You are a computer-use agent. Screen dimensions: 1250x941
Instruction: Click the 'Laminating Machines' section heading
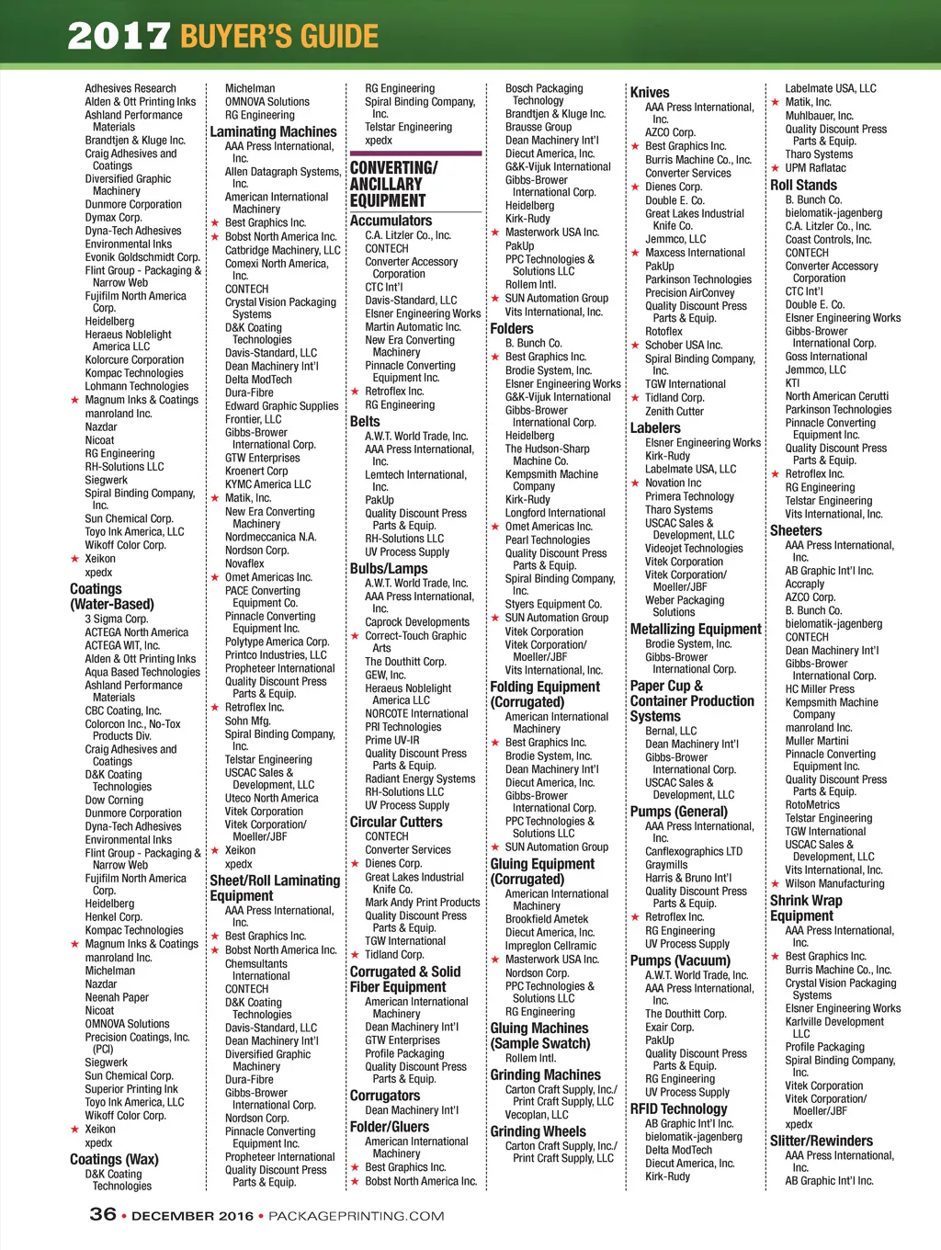[273, 131]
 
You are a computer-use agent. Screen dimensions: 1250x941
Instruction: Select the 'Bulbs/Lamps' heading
[389, 568]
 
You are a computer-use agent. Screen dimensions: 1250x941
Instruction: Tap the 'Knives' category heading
[650, 92]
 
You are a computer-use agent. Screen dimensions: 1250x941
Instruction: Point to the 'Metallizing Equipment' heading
[696, 629]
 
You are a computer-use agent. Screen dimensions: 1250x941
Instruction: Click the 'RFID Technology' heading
[678, 1108]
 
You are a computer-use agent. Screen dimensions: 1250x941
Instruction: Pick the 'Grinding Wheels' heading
[538, 1131]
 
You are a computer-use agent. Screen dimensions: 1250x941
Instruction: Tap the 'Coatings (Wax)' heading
[114, 1159]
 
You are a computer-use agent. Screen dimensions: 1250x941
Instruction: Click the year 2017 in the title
[119, 37]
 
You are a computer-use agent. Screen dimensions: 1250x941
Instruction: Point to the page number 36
[103, 1214]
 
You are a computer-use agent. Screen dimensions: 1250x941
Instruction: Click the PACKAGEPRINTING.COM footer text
[356, 1216]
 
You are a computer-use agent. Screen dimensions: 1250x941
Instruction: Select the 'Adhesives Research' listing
[130, 88]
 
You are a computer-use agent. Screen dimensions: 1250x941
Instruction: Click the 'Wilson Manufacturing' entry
[834, 883]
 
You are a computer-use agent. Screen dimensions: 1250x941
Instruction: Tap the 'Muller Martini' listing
[817, 741]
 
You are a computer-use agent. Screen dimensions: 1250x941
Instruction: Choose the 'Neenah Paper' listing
[117, 997]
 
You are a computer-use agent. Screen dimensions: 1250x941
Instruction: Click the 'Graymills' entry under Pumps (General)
[666, 865]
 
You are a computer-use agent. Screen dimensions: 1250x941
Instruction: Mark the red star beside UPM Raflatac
[776, 167]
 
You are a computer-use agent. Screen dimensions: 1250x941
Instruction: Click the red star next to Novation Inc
[635, 483]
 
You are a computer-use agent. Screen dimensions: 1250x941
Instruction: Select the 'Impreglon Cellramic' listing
[550, 946]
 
